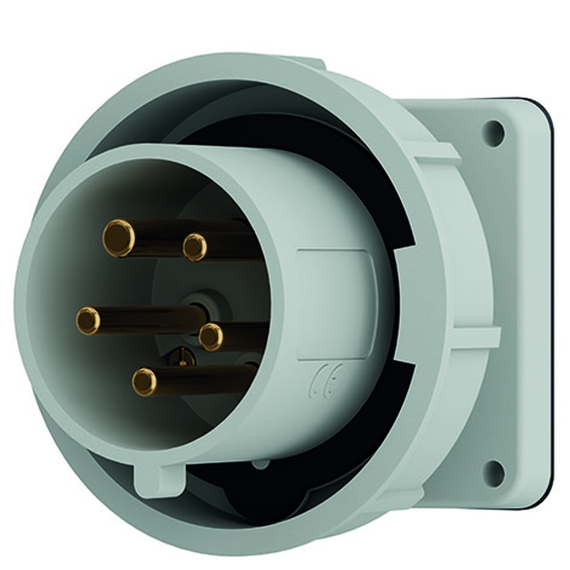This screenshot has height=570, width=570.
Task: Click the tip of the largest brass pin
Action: [x=119, y=238]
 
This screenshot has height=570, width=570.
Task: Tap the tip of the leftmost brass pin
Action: [x=88, y=320]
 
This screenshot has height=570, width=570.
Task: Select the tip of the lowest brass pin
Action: [x=145, y=381]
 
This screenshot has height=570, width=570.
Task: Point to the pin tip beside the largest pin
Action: [x=194, y=247]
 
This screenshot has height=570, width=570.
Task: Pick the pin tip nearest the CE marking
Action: [x=211, y=336]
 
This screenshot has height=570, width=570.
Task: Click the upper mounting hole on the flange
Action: [x=494, y=133]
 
